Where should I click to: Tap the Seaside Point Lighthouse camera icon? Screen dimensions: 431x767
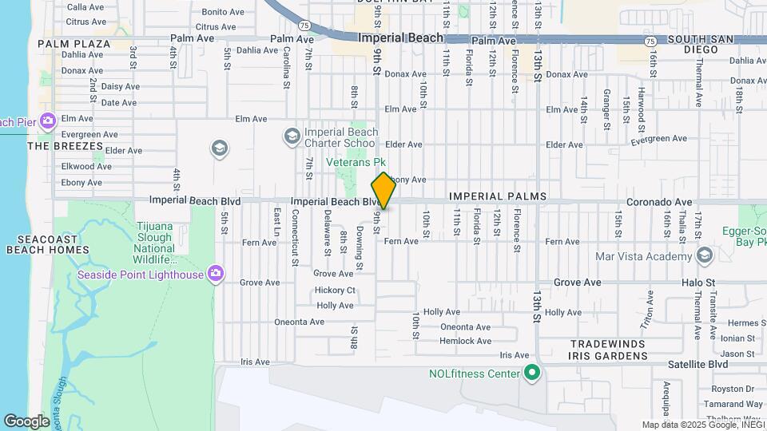pos(215,275)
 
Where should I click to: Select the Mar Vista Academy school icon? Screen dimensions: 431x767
pos(704,255)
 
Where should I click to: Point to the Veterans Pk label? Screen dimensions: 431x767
pos(356,162)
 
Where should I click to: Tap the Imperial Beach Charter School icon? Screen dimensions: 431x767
pos(292,136)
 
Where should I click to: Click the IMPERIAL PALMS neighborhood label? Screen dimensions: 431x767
pos(497,196)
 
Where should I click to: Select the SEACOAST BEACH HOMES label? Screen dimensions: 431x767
pos(48,244)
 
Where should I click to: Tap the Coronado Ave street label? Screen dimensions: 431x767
pos(659,202)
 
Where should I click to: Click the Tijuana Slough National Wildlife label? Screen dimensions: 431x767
pos(154,243)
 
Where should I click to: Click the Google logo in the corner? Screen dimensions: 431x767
pos(26,421)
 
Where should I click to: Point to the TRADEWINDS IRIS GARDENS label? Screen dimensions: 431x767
pos(608,349)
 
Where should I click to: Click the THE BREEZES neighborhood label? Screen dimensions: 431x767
pos(66,146)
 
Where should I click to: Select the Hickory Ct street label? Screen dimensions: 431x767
pos(335,290)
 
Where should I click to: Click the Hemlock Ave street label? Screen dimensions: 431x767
pos(466,341)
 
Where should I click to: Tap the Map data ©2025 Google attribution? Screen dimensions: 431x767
pos(702,425)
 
